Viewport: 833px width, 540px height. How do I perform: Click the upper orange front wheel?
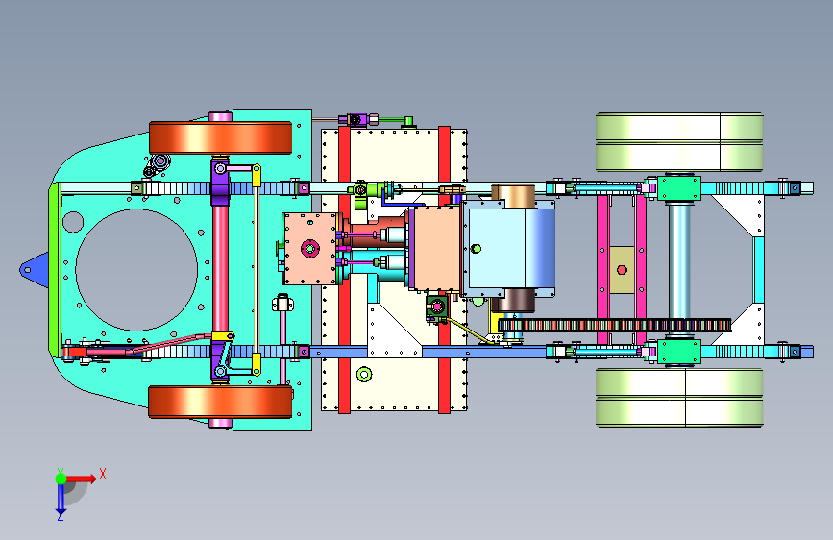pyautogui.click(x=220, y=137)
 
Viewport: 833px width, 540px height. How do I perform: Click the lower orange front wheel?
pyautogui.click(x=220, y=402)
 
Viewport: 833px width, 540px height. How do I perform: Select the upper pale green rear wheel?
pyautogui.click(x=679, y=142)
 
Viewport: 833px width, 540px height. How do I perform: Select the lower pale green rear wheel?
pyautogui.click(x=679, y=398)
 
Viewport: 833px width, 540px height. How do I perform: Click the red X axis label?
pyautogui.click(x=103, y=474)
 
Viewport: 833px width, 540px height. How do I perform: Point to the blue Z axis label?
pyautogui.click(x=60, y=516)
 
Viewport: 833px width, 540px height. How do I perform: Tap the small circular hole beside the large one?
pyautogui.click(x=73, y=222)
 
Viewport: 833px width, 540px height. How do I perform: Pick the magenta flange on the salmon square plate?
pyautogui.click(x=309, y=248)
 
